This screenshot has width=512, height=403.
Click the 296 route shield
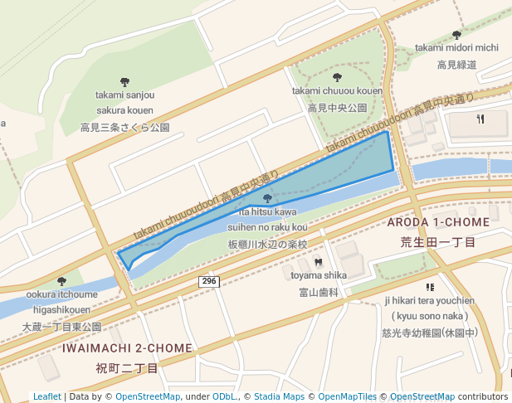[x=208, y=283]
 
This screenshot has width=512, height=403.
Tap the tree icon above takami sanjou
[x=124, y=82]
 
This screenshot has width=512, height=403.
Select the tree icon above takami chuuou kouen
[x=336, y=77]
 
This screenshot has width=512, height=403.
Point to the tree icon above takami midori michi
[x=456, y=35]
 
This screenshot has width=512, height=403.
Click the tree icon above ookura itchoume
[x=61, y=281]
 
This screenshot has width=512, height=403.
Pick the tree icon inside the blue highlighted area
[x=266, y=198]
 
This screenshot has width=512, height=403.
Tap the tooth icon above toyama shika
[x=318, y=263]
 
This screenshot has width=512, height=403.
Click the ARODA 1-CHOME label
[x=438, y=223]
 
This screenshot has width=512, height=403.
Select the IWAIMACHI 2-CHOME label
[x=127, y=348]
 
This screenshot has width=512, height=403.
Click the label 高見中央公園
[x=337, y=108]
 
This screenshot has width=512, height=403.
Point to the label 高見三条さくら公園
[x=124, y=128]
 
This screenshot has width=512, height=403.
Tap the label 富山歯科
[x=319, y=292]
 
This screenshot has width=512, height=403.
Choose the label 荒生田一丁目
[x=438, y=242]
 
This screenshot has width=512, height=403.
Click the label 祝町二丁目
[x=127, y=367]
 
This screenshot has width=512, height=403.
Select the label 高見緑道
[x=456, y=65]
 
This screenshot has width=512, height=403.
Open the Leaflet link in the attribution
[x=47, y=397]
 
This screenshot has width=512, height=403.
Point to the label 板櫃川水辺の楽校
[x=267, y=245]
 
